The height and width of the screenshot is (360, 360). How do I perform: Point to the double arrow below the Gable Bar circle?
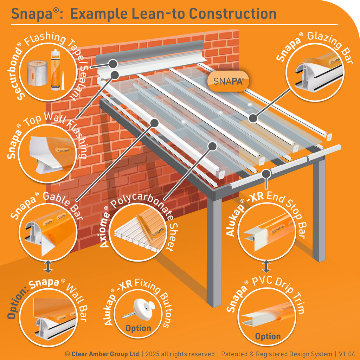point(48,266)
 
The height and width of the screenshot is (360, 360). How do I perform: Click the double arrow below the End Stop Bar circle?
point(266,266)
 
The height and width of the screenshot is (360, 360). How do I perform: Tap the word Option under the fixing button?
point(138,328)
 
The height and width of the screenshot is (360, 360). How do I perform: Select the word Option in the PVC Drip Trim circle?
point(268,336)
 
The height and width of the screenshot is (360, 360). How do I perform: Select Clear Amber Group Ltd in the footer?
point(105,354)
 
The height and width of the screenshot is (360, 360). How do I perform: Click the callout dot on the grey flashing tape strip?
point(113,64)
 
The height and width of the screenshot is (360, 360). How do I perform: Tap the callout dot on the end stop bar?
point(266,173)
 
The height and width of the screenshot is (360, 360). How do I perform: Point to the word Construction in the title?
point(232,14)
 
